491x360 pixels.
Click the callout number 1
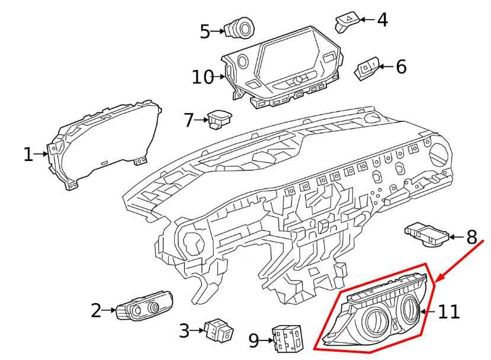pyautogui.click(x=28, y=155)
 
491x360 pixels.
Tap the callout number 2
pyautogui.click(x=96, y=310)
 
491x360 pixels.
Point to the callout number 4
pyautogui.click(x=383, y=20)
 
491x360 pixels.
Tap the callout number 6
pyautogui.click(x=401, y=67)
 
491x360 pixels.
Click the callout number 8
pyautogui.click(x=471, y=238)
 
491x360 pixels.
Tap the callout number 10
pyautogui.click(x=202, y=77)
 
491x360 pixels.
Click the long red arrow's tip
pyautogui.click(x=437, y=282)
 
